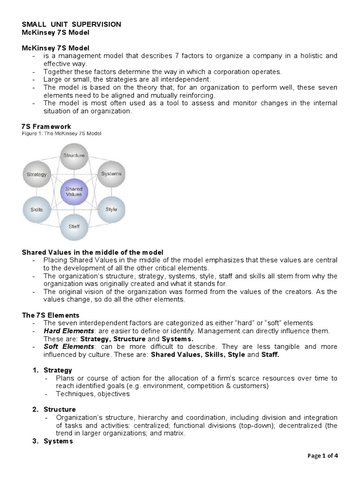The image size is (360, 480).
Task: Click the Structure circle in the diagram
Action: click(74, 156)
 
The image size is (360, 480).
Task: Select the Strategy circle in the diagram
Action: click(37, 174)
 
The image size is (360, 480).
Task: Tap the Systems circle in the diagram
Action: click(111, 174)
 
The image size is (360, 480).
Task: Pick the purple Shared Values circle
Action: click(74, 192)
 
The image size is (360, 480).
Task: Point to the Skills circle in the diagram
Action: click(37, 210)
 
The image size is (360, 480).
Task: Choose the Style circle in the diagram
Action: click(111, 209)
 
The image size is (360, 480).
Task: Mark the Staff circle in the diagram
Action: click(74, 226)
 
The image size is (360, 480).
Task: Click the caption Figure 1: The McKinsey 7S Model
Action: click(61, 134)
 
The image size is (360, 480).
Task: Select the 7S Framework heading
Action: click(46, 127)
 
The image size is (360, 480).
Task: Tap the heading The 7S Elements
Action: click(51, 315)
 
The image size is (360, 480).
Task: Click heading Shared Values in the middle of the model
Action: click(93, 252)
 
